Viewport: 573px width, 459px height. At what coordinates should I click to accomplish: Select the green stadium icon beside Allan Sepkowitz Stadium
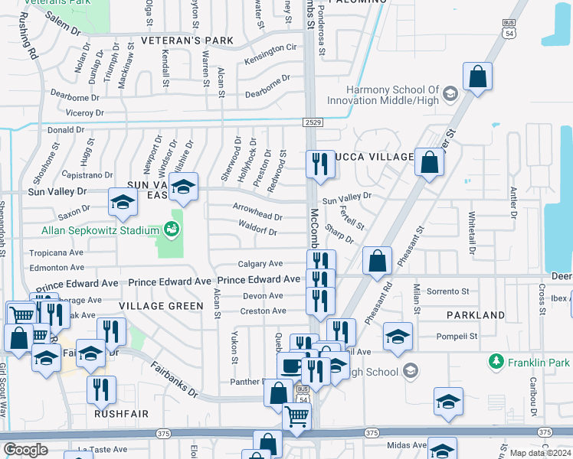point(169,229)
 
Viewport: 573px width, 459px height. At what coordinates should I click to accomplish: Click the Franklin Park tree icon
point(496,361)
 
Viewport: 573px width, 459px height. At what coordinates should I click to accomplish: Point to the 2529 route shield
point(311,122)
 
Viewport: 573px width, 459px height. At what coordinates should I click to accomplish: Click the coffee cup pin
point(291,366)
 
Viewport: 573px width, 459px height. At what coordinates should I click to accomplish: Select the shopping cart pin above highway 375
point(297,417)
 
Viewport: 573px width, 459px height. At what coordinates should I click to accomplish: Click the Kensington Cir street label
point(270,47)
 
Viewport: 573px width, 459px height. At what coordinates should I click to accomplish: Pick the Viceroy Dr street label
point(84,113)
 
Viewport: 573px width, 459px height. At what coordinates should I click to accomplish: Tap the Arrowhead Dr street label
point(257,217)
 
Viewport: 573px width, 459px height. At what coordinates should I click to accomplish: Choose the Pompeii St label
point(457,336)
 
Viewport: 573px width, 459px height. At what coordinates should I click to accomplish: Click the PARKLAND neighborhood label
point(476,314)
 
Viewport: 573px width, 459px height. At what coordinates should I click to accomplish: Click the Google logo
point(25,450)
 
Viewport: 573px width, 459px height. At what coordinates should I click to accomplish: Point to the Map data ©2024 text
point(539,453)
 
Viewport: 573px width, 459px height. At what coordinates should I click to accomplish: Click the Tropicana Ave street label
point(56,252)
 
